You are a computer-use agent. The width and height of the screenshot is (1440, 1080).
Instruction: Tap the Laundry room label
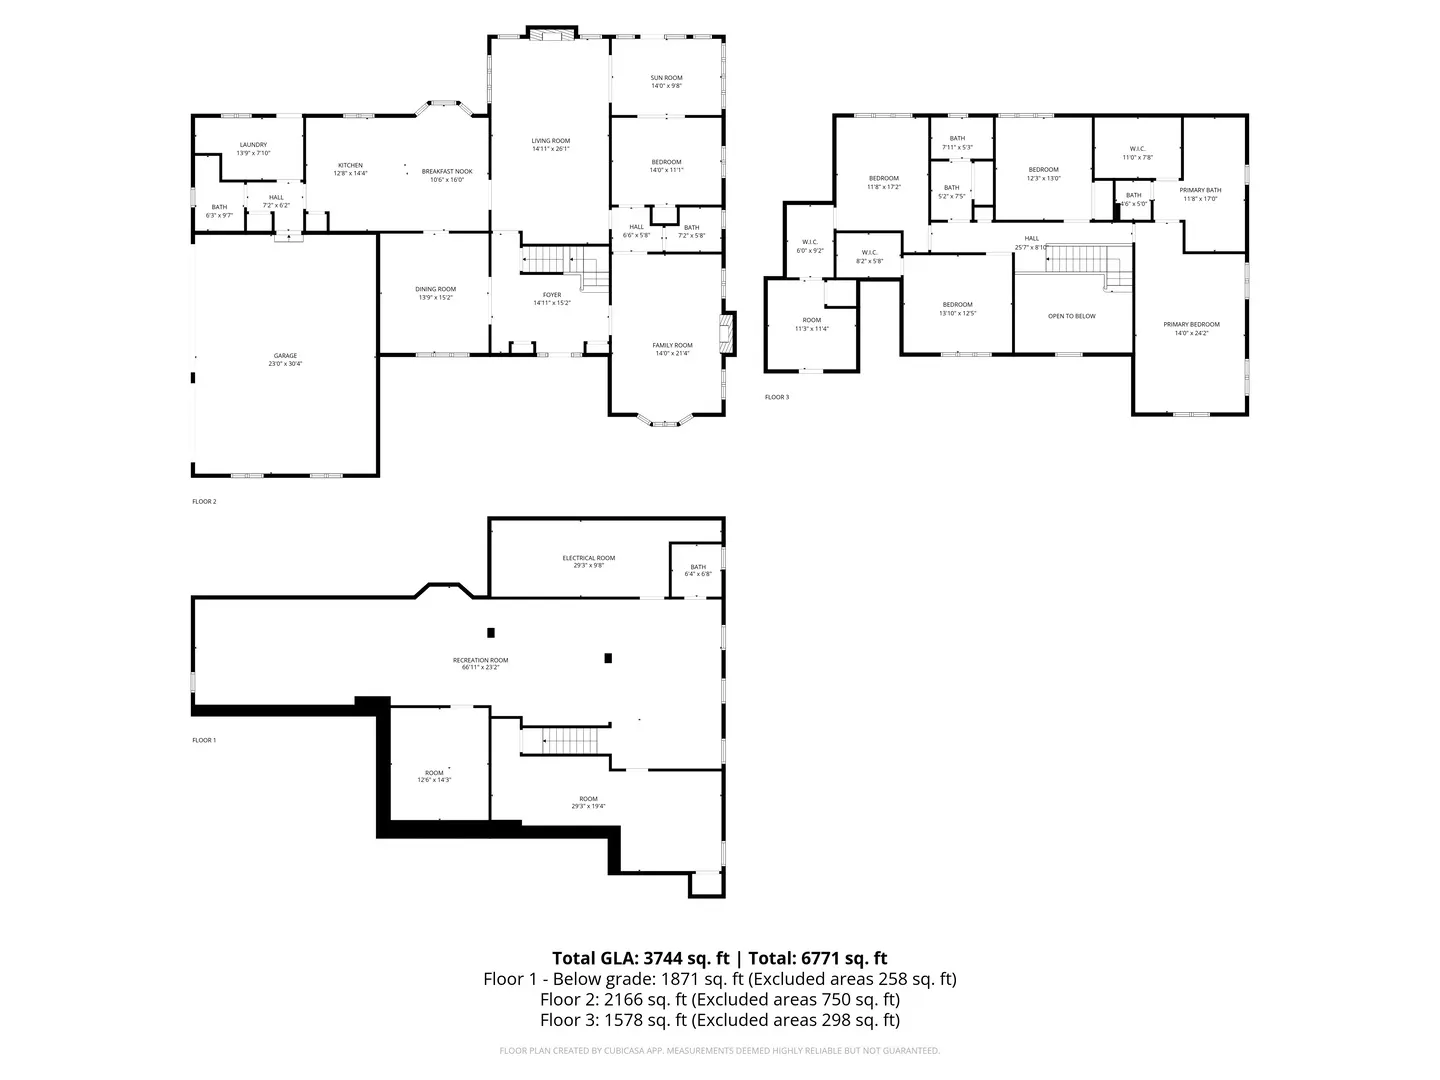coord(253,145)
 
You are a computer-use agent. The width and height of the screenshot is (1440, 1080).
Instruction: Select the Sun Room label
coord(666,78)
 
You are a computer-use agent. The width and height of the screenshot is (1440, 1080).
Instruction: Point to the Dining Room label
coord(435,289)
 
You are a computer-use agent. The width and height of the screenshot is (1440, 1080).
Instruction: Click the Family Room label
coord(672,345)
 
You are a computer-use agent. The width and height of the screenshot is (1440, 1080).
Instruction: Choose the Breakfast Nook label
coord(447,171)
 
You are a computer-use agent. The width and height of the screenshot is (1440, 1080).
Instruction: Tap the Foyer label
coord(552,295)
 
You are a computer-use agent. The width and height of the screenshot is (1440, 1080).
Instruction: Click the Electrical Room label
coord(588,558)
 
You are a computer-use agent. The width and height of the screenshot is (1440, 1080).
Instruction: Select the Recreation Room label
coord(480,660)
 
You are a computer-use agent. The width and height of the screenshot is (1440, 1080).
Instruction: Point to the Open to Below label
coord(1071,316)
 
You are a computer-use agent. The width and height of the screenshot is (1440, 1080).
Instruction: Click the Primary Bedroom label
coord(1191,324)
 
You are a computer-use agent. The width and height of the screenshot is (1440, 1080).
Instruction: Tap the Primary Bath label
coord(1200,190)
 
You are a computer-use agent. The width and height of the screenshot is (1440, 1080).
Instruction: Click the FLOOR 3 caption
coord(777,397)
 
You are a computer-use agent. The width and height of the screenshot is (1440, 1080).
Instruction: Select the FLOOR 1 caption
coord(204,740)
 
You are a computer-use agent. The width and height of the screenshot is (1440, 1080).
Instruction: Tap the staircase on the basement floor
coord(569,741)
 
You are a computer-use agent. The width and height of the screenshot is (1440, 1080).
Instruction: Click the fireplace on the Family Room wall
coord(730,333)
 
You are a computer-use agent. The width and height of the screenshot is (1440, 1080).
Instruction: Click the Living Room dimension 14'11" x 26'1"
coord(550,149)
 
